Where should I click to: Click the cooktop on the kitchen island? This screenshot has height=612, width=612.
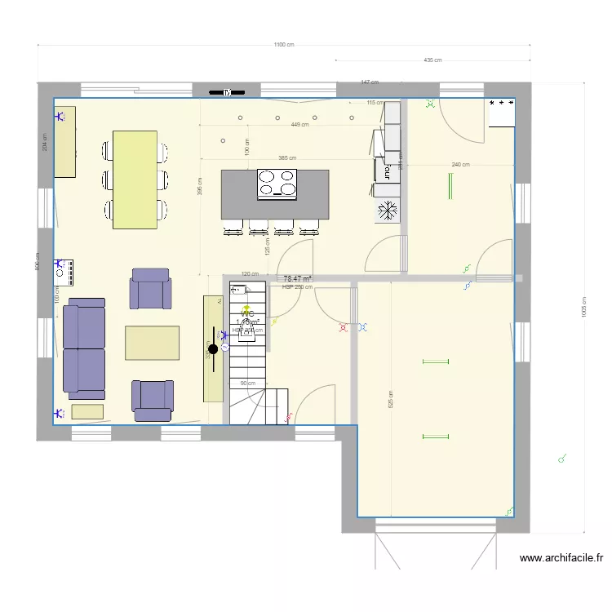tap(277, 184)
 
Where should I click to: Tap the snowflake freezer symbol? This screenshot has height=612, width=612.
tap(387, 211)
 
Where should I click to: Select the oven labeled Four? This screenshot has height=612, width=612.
tap(382, 169)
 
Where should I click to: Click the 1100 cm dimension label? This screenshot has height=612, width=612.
tap(283, 46)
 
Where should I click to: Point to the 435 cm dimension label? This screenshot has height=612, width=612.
tap(432, 60)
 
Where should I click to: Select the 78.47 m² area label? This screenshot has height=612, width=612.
tap(297, 279)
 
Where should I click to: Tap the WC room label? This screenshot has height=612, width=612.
tap(247, 313)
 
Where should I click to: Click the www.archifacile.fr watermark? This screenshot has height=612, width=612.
tap(561, 559)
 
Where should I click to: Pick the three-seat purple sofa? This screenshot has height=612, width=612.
tap(85, 348)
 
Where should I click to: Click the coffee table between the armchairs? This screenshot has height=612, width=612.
tap(152, 343)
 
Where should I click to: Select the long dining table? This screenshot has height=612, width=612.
tap(135, 180)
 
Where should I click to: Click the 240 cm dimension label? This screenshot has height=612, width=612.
tap(460, 165)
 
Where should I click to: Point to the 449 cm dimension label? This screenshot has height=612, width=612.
tap(299, 125)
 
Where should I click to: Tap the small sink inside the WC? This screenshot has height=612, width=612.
tap(238, 288)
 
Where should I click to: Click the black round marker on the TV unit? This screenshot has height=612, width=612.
tap(213, 348)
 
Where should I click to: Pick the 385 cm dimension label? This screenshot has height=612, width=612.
tap(286, 158)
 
